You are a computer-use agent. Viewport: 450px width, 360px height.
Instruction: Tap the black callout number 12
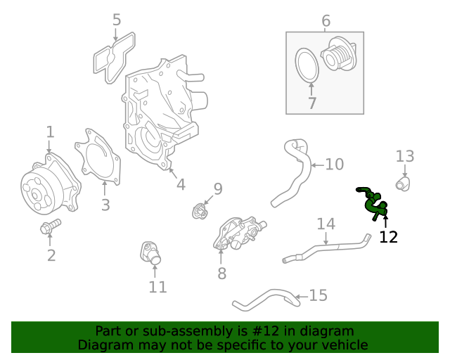pos(388,237)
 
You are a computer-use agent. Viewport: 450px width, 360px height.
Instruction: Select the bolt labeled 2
pos(51,226)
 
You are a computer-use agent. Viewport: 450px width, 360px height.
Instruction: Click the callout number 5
pos(117,20)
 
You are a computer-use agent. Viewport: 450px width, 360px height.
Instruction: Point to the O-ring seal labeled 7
pos(307,65)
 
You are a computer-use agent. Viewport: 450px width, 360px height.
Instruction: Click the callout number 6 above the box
pos(326,21)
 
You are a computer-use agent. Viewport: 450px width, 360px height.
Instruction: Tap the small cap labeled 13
pos(403,184)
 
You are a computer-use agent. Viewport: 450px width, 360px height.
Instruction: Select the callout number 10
pos(335,165)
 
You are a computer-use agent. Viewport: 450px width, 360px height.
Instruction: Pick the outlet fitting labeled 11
pos(150,253)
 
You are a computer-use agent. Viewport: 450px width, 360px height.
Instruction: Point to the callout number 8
pos(222,274)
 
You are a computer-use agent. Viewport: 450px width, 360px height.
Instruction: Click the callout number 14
pos(326,224)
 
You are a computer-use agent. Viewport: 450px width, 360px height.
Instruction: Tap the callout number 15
pos(318,295)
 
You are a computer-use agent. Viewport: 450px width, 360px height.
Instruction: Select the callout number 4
pos(181,185)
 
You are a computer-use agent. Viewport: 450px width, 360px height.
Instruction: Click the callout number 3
pos(105,205)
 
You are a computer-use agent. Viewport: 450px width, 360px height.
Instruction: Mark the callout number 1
pos(50,132)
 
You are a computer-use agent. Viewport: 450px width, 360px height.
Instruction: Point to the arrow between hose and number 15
pos(301,297)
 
